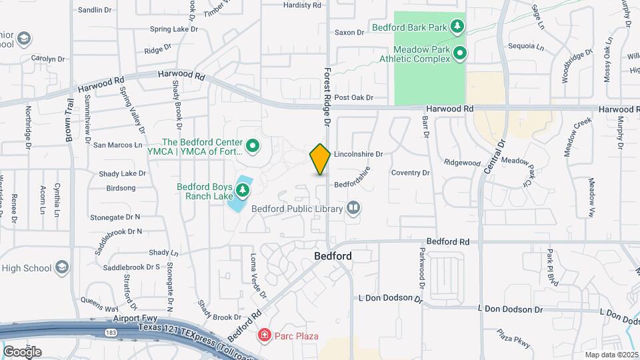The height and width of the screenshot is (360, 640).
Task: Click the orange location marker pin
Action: point(320,159)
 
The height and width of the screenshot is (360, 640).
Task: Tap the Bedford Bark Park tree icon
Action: point(457,27)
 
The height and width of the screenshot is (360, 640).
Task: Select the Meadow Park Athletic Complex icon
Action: point(459,53)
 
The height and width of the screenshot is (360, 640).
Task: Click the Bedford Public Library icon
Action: point(353,209)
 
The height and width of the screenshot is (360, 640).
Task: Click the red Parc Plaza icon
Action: point(265,335)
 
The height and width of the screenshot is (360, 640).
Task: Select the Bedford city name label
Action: point(333,256)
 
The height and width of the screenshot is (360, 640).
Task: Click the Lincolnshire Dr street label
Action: point(358,153)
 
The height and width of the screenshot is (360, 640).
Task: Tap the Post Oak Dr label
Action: point(353,97)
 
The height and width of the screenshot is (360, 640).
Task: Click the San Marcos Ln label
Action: point(118,145)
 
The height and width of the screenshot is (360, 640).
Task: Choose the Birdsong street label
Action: point(121,188)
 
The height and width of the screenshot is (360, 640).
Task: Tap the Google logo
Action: point(22,351)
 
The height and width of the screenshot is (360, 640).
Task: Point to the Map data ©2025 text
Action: point(610,355)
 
